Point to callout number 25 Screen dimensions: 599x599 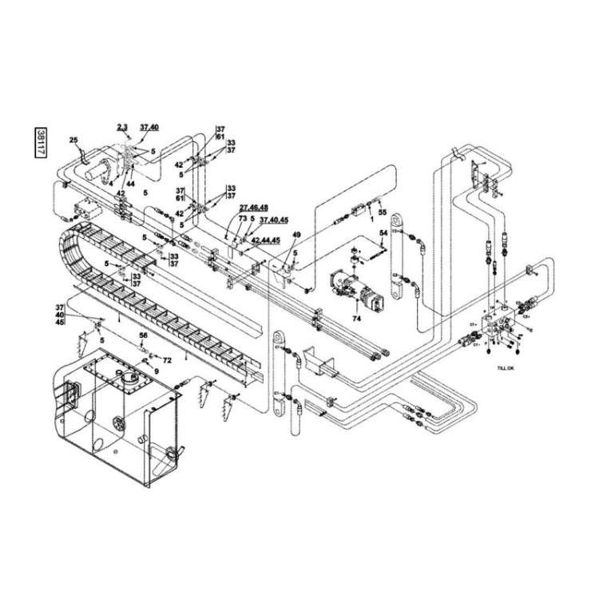74,141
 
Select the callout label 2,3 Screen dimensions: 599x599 122,127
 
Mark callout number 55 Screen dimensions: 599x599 382,213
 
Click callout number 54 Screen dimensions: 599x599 383,232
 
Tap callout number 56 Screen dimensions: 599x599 145,335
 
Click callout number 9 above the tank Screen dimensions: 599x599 157,371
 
